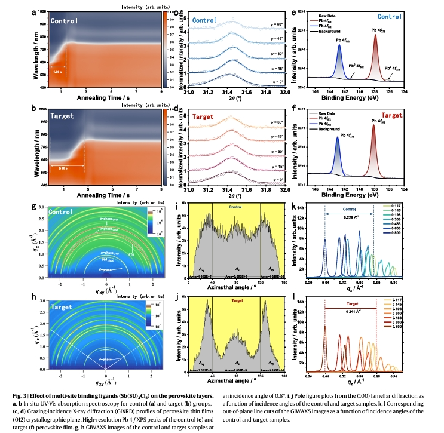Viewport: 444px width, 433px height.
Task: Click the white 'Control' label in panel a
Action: (64, 22)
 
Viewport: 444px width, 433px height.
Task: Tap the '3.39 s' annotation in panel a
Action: (57, 72)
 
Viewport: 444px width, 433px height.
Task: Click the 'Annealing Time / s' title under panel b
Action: (106, 195)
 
